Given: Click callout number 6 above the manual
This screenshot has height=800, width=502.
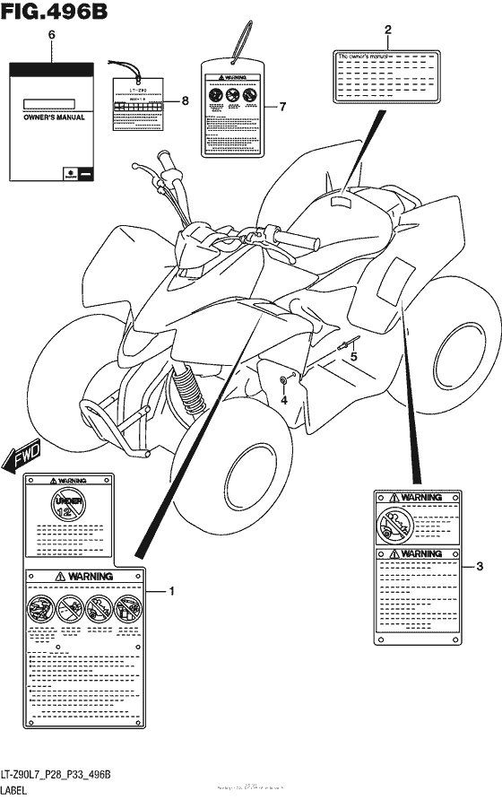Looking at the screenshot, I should coord(51,34).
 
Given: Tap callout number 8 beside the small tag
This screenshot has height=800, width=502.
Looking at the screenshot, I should coord(185,101).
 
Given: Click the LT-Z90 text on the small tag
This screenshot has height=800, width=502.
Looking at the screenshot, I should coord(136,91).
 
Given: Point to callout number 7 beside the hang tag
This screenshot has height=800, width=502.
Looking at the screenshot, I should coord(281,107).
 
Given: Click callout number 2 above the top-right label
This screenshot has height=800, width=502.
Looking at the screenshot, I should coord(387,30).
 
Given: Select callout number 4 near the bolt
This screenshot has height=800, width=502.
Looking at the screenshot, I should coord(283,400).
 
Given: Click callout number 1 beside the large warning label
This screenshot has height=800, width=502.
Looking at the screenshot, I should coord(172,591).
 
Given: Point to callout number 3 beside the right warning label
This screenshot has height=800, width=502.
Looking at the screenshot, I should coord(480,565).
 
